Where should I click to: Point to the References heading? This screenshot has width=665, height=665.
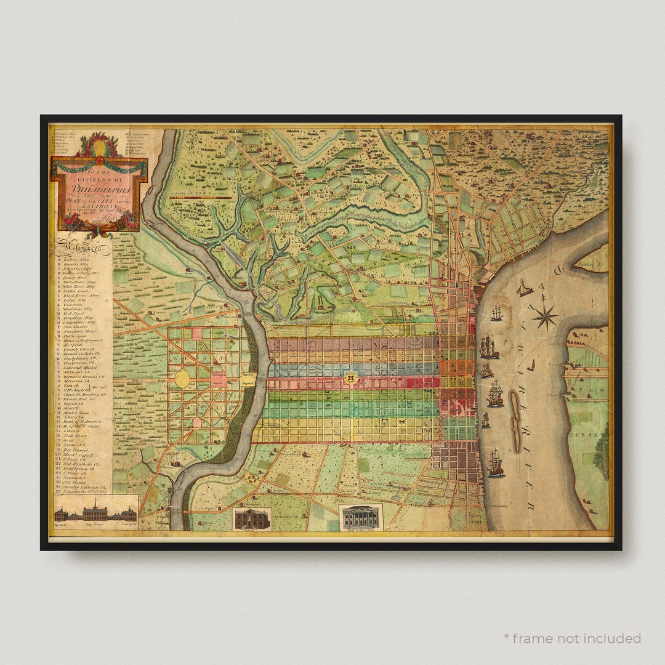(x=83, y=249)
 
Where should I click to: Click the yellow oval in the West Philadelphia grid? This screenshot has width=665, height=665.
(x=182, y=379)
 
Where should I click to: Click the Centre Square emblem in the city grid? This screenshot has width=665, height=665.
(x=351, y=378)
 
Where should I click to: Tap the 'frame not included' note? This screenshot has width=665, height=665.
(x=572, y=638)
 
